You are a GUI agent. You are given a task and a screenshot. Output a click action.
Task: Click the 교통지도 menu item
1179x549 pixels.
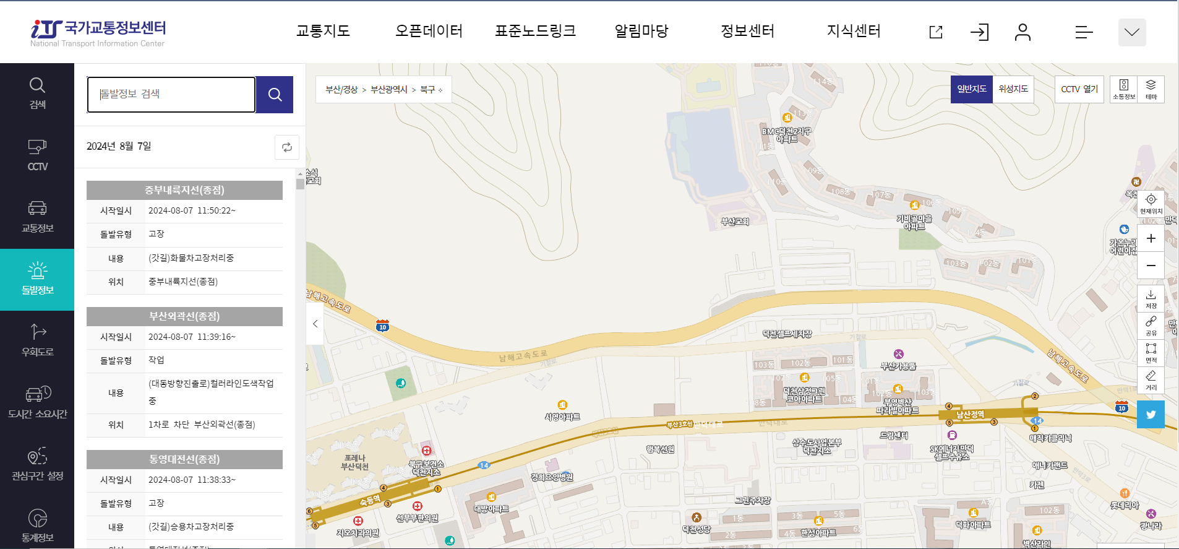(323, 31)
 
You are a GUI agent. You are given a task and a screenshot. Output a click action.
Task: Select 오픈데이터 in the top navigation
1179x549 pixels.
(429, 31)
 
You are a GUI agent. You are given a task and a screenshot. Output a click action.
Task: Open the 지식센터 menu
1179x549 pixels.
(854, 31)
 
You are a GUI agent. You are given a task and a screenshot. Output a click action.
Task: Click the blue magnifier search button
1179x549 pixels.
(275, 95)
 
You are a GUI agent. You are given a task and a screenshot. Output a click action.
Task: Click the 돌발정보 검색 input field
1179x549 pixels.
(171, 95)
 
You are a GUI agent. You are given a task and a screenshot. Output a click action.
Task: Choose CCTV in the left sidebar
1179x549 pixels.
(37, 155)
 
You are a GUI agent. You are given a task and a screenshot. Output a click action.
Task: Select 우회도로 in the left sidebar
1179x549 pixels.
(37, 341)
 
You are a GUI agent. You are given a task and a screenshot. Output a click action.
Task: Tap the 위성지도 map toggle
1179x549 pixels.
(1013, 89)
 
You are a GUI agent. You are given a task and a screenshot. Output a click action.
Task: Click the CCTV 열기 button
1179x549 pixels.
(1079, 89)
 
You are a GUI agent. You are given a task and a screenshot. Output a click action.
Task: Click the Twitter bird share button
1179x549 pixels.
(1151, 415)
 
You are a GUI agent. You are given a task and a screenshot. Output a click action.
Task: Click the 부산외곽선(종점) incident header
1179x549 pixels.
(184, 316)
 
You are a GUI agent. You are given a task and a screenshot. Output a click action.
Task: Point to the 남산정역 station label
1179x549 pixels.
(970, 414)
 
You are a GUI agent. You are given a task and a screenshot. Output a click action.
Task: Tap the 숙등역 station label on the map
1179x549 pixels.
(370, 500)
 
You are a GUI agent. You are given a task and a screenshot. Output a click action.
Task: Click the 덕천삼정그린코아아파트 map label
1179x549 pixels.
(804, 395)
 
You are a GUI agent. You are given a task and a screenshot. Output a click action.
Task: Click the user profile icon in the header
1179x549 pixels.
(1023, 32)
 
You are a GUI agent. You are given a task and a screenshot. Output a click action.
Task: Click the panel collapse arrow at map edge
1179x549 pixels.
(315, 324)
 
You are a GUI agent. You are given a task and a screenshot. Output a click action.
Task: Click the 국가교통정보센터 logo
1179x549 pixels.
(99, 32)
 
